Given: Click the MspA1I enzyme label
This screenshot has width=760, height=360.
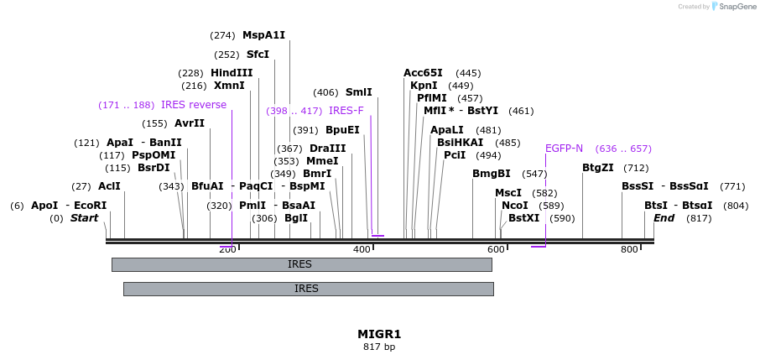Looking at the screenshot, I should (x=263, y=35).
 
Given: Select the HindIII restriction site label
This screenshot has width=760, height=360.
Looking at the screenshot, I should (x=232, y=73).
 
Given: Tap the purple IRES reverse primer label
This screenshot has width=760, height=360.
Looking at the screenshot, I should (x=194, y=105).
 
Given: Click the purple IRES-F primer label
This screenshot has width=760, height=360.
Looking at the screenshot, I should (x=346, y=111).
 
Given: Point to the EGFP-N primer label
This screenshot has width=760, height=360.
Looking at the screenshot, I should (x=564, y=149).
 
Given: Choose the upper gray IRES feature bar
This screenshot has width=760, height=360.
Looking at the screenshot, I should (x=301, y=264).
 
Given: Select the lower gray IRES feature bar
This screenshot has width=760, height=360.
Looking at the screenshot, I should (x=308, y=289).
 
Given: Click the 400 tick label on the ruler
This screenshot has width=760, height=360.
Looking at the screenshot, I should (x=362, y=250).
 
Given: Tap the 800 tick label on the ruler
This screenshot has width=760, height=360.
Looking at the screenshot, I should (x=629, y=250).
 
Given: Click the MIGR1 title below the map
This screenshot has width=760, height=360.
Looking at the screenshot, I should (x=379, y=334).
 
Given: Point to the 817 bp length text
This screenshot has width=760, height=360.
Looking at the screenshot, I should (x=379, y=347).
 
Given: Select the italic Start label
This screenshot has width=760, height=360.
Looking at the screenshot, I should (x=84, y=218).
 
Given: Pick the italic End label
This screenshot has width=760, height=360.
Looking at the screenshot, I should (x=664, y=218).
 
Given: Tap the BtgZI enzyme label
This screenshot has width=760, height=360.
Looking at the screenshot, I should (x=598, y=168).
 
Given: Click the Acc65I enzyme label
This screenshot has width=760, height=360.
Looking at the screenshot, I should (x=423, y=73).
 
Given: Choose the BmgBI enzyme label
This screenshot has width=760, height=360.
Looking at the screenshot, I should (x=492, y=174).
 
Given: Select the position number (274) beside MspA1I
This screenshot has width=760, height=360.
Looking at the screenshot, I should (x=222, y=35).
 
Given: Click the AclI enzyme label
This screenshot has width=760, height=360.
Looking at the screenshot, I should (x=109, y=186).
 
